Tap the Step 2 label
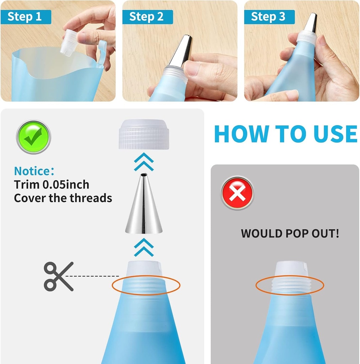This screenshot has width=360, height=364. click(147, 17)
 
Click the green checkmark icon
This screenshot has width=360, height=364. click(33, 137)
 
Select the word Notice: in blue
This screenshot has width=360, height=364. click(34, 171)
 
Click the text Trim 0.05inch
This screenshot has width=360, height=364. click(52, 184)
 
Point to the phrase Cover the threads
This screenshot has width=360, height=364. click(63, 198)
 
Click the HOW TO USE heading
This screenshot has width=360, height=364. click(285, 134)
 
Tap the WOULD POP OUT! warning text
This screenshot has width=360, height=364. click(290, 234)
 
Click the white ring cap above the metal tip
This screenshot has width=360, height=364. click(144, 134)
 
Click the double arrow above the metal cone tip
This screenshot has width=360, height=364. click(144, 162)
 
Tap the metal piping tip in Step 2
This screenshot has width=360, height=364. click(181, 52)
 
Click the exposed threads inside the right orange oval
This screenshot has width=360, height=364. click(290, 285)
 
